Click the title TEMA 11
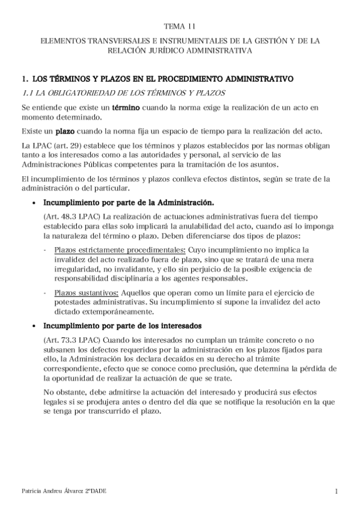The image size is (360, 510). (180, 26)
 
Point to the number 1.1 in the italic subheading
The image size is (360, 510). (28, 93)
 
